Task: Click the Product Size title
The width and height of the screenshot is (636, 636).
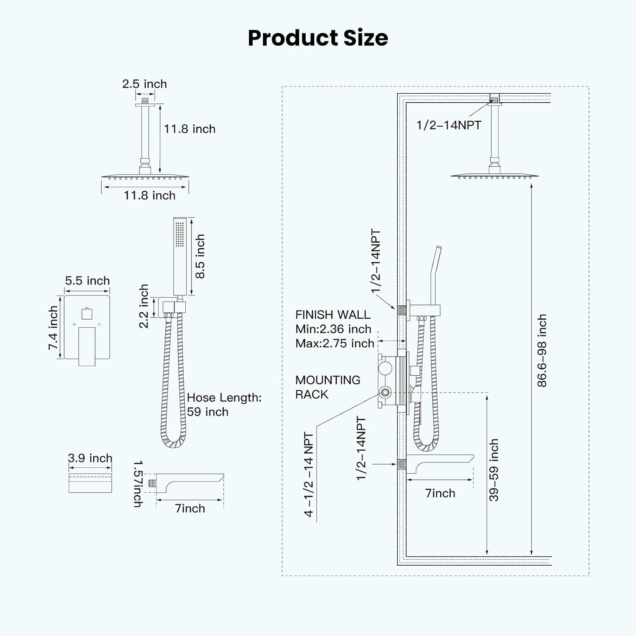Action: point(318,38)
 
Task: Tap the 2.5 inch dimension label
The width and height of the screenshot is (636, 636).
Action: point(144,84)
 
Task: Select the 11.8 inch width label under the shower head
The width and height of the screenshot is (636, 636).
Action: point(149,195)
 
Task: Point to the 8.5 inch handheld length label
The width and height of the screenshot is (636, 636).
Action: point(200,256)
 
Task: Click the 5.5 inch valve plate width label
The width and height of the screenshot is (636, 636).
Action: point(87,281)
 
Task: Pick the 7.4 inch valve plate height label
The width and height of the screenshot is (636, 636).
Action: point(53,328)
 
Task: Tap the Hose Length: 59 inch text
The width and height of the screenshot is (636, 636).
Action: point(224,404)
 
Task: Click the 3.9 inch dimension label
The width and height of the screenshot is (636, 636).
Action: point(90,458)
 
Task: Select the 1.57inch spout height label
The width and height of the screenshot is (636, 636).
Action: point(138,484)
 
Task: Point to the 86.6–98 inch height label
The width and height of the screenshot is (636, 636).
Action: point(542,351)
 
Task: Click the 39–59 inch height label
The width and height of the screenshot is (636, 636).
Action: point(494,470)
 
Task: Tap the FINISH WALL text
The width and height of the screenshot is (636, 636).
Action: point(333,315)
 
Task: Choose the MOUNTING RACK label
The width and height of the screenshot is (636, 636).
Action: point(327,387)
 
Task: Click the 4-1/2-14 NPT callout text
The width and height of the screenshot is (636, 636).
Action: point(309,474)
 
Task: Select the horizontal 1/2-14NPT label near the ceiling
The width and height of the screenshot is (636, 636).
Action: point(449,125)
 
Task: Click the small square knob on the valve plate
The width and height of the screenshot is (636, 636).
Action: point(87,314)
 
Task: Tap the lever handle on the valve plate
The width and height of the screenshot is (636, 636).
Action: point(87,346)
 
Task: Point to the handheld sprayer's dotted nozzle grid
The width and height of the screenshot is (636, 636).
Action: point(180,234)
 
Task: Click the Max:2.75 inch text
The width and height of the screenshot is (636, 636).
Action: point(335,343)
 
